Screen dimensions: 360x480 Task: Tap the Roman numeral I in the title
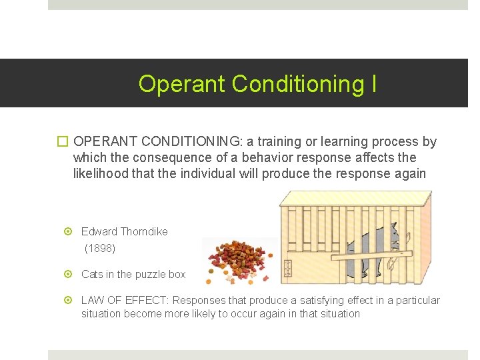[x=373, y=84]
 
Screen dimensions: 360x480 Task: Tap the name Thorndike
[x=145, y=231]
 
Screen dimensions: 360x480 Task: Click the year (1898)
[x=100, y=248]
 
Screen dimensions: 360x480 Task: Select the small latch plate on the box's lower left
[x=288, y=269]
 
